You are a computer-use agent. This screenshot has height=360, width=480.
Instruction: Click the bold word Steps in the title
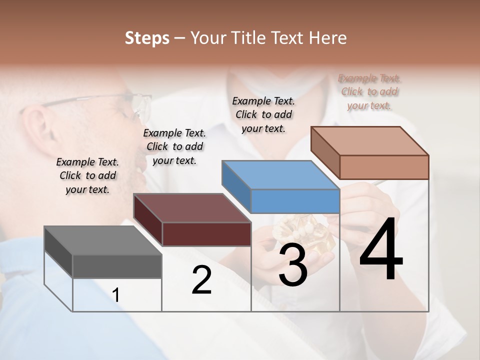147,38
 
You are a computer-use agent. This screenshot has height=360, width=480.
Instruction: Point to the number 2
202,280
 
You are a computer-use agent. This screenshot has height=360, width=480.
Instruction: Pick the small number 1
116,295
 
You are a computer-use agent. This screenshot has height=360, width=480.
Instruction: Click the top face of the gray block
103,240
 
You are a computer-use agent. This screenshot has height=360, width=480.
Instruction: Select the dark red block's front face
206,234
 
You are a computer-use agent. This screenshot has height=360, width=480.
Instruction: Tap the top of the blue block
280,175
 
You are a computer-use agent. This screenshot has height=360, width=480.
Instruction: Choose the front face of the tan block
384,167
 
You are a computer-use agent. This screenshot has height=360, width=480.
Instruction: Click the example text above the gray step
87,175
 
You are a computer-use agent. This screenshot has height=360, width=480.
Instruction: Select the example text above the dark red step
174,146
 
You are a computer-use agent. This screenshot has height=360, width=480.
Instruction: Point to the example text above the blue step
263,114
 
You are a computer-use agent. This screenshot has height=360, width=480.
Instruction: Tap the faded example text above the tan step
369,91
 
